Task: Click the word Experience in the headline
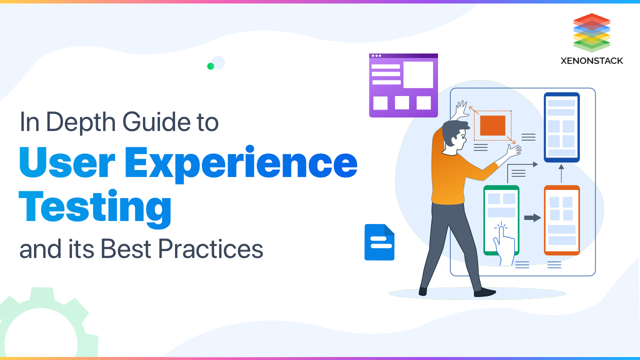coord(250,163)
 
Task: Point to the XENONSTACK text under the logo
coord(591,61)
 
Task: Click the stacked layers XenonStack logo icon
coord(591,32)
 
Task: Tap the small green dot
coord(210,66)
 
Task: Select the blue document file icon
coord(379,242)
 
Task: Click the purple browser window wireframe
coord(403,85)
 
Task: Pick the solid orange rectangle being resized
coord(492,125)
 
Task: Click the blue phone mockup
coord(561,127)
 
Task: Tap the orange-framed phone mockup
coord(561,220)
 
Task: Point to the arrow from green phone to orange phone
coord(532,217)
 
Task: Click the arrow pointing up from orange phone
coord(561,173)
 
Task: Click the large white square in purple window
coord(418,75)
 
